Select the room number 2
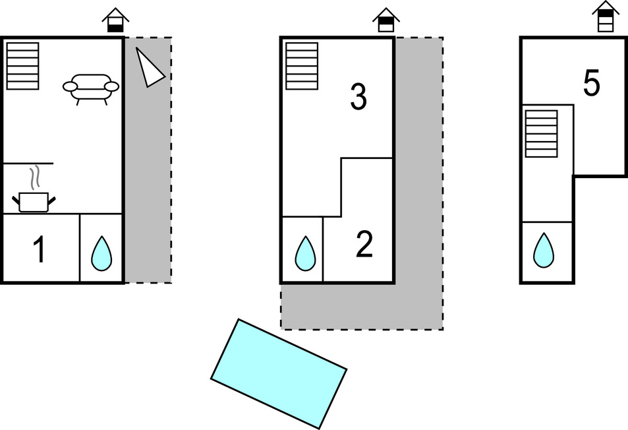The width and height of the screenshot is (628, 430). tap(364, 245)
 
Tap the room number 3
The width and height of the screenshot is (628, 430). tap(357, 98)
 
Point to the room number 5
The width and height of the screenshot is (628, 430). tap(592, 84)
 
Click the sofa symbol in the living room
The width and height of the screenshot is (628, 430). tap(91, 86)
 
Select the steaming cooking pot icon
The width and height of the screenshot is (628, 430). tap(34, 200)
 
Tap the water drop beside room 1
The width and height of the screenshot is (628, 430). tap(101, 253)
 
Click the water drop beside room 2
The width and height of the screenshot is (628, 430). tap(304, 253)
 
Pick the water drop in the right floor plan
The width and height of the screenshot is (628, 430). tap(544, 251)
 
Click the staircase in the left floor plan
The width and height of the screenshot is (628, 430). tap(22, 65)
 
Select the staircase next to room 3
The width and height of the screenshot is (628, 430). tap(302, 65)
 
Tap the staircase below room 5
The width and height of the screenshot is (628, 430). tap(541, 133)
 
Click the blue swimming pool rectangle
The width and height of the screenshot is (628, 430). tap(278, 373)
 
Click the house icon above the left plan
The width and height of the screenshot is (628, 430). tap(115, 20)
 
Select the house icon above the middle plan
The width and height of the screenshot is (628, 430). tap(385, 20)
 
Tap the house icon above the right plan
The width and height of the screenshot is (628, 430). tap(605, 16)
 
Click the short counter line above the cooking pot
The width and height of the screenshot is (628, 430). tap(28, 163)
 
